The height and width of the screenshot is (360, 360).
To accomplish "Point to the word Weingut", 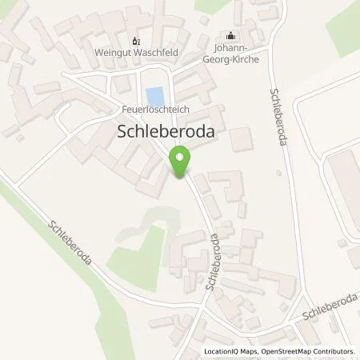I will click(112, 54).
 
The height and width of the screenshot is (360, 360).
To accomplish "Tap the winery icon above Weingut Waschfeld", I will click(134, 41).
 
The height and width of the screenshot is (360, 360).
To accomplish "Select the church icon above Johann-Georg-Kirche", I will click(232, 35).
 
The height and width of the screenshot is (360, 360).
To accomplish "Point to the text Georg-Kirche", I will click(231, 60).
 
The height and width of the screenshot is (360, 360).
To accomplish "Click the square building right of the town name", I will click(241, 139).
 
